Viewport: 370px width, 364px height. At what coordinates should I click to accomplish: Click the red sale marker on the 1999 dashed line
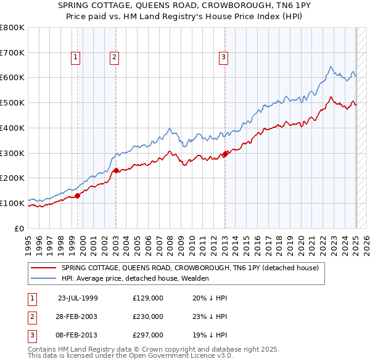point(78,196)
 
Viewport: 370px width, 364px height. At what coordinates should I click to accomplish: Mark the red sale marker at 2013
point(225,154)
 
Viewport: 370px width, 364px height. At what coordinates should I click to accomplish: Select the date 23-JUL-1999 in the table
point(78,297)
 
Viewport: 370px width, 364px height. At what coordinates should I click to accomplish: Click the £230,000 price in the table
point(148,316)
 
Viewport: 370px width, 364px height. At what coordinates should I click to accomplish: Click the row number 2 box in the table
point(31,316)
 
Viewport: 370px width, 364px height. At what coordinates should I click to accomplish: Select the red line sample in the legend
point(43,268)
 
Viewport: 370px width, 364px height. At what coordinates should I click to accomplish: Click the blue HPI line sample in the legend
point(43,278)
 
